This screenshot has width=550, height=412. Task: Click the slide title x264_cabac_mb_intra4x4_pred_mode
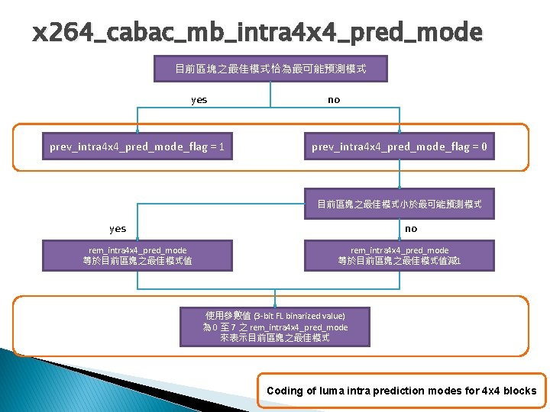pyautogui.click(x=257, y=33)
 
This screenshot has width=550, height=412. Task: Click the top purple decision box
pyautogui.click(x=270, y=69)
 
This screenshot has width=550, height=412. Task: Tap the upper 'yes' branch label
pyautogui.click(x=199, y=100)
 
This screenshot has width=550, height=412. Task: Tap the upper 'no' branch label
pyautogui.click(x=334, y=100)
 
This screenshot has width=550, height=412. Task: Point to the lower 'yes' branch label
pyautogui.click(x=118, y=229)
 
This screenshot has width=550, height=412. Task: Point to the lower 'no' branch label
pyautogui.click(x=411, y=229)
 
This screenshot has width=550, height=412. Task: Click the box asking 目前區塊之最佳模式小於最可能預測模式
pyautogui.click(x=400, y=204)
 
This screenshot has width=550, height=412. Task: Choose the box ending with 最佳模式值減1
pyautogui.click(x=400, y=256)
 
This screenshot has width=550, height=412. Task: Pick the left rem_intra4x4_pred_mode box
pyautogui.click(x=137, y=256)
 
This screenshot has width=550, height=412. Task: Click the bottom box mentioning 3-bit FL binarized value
pyautogui.click(x=275, y=327)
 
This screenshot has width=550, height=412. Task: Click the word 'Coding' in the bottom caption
pyautogui.click(x=285, y=391)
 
